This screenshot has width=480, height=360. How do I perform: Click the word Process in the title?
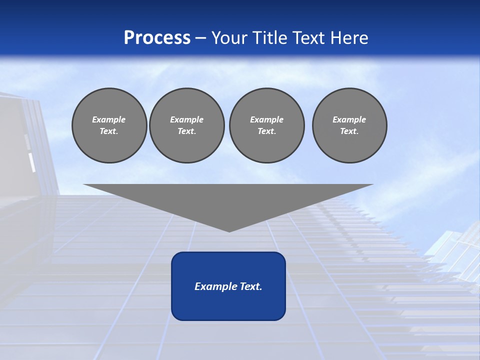pos(157,38)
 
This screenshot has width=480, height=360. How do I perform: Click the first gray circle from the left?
pos(109,125)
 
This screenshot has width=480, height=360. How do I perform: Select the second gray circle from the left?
pos(187,125)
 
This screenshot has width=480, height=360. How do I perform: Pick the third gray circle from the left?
pos(266,125)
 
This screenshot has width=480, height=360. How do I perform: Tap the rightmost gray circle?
pos(349,125)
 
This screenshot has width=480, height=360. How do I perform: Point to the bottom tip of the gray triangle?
pos(229,231)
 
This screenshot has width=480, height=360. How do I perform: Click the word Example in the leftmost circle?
pos(109,119)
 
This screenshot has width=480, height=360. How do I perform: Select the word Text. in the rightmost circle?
pos(349,131)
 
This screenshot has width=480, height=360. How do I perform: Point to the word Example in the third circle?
pos(266,119)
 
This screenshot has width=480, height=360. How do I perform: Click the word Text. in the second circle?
pos(187,131)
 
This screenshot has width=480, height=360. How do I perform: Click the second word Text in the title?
pos(307,38)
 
